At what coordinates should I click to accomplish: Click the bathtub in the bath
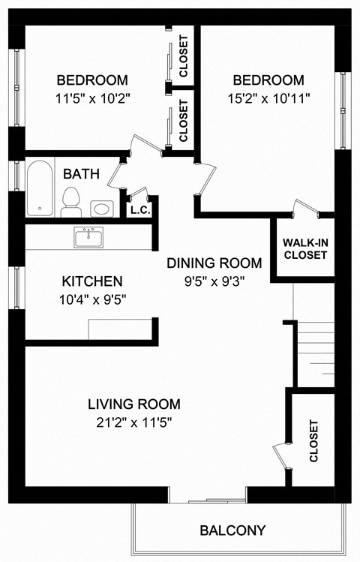click(39, 188)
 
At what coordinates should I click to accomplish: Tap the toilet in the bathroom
click(71, 200)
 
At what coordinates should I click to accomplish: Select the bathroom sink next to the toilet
click(100, 208)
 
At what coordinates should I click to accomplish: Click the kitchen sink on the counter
click(88, 239)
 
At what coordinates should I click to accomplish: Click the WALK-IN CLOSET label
click(304, 249)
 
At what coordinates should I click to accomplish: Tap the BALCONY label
click(232, 530)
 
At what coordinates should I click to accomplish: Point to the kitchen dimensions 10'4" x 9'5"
click(91, 300)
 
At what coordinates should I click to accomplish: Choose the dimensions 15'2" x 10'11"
click(268, 98)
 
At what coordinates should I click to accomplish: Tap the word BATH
click(81, 173)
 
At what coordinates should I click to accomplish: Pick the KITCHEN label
click(91, 281)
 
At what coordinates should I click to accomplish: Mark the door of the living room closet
click(280, 454)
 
